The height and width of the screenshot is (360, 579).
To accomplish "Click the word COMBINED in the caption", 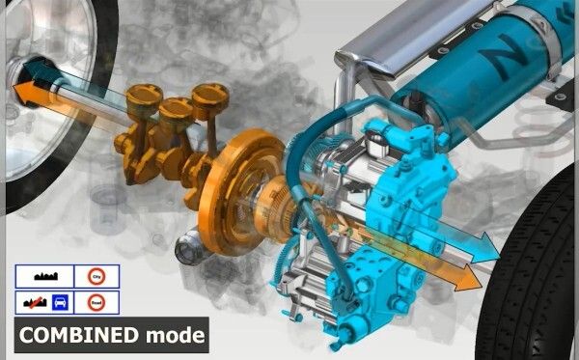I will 77,336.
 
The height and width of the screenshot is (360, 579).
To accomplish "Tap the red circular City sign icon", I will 96,276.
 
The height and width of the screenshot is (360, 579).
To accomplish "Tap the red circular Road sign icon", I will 96,302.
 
